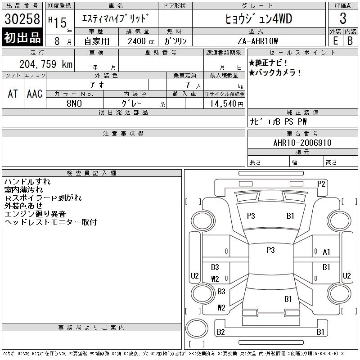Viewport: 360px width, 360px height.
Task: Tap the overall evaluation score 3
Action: (x=343, y=18)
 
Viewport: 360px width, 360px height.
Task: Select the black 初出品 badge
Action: (x=22, y=38)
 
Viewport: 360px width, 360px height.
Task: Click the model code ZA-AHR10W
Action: (x=258, y=41)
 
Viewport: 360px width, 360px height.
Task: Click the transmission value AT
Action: (x=13, y=94)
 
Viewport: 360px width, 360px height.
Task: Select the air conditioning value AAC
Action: (x=35, y=94)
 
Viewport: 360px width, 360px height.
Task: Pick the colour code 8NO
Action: (x=75, y=103)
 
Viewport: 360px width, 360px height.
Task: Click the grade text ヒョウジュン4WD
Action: (x=258, y=19)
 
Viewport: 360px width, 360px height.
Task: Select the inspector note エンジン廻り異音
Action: (x=35, y=214)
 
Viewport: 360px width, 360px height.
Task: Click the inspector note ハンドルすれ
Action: (x=27, y=182)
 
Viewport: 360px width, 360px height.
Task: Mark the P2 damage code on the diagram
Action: (x=321, y=184)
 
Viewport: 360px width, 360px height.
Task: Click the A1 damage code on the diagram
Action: (x=327, y=252)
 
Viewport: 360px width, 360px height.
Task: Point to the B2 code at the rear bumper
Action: (x=221, y=332)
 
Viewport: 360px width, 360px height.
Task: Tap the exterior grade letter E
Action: (x=335, y=40)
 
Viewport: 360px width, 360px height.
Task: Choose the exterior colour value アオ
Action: (x=97, y=85)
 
